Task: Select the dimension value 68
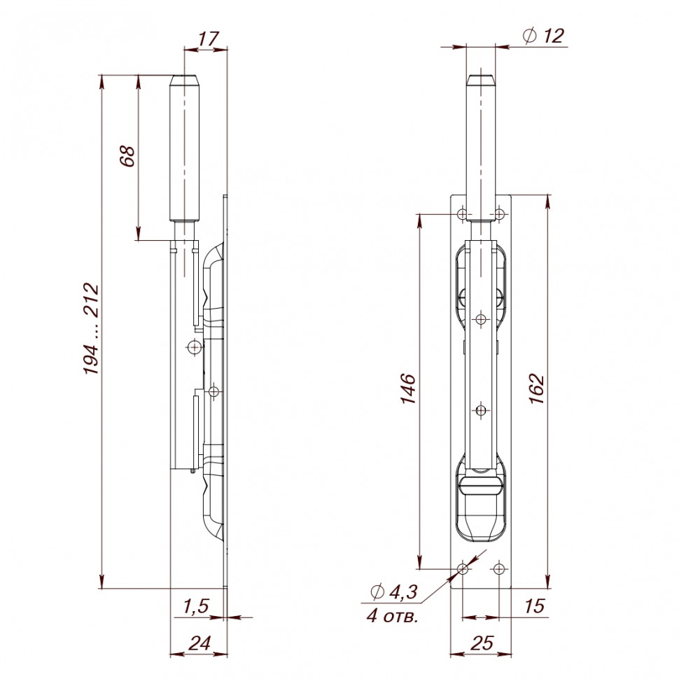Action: [x=127, y=156]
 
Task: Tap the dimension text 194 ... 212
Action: [x=92, y=328]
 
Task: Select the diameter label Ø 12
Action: [x=543, y=36]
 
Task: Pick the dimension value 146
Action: [x=407, y=389]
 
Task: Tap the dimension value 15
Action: [x=533, y=606]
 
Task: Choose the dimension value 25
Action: [x=481, y=643]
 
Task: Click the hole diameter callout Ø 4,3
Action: [x=393, y=592]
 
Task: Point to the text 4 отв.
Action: [x=392, y=616]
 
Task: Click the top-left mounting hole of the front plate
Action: [x=462, y=213]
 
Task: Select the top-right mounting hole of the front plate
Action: [x=499, y=213]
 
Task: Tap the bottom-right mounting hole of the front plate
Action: [x=498, y=568]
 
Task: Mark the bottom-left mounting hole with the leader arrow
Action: [x=462, y=569]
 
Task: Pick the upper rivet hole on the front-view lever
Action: [x=481, y=319]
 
